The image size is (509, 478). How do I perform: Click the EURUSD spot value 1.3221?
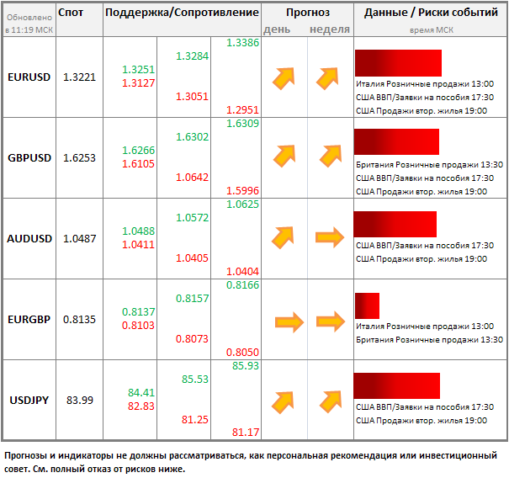79,77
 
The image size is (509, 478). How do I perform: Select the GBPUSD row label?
29,157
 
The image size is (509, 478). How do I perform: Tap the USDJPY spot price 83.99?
79,400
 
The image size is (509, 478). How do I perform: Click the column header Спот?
72,13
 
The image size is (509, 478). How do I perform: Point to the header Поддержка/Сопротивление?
182,13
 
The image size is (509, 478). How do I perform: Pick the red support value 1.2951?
242,110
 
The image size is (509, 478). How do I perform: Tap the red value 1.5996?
242,191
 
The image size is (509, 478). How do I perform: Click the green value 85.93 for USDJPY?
245,366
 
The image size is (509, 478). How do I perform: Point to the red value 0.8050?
242,353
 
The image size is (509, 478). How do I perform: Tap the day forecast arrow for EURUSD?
284,77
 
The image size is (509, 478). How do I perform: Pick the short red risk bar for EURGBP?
367,305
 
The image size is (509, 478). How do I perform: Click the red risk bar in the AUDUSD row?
395,224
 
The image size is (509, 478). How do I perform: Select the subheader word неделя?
330,29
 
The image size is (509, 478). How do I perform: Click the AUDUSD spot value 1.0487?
79,238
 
